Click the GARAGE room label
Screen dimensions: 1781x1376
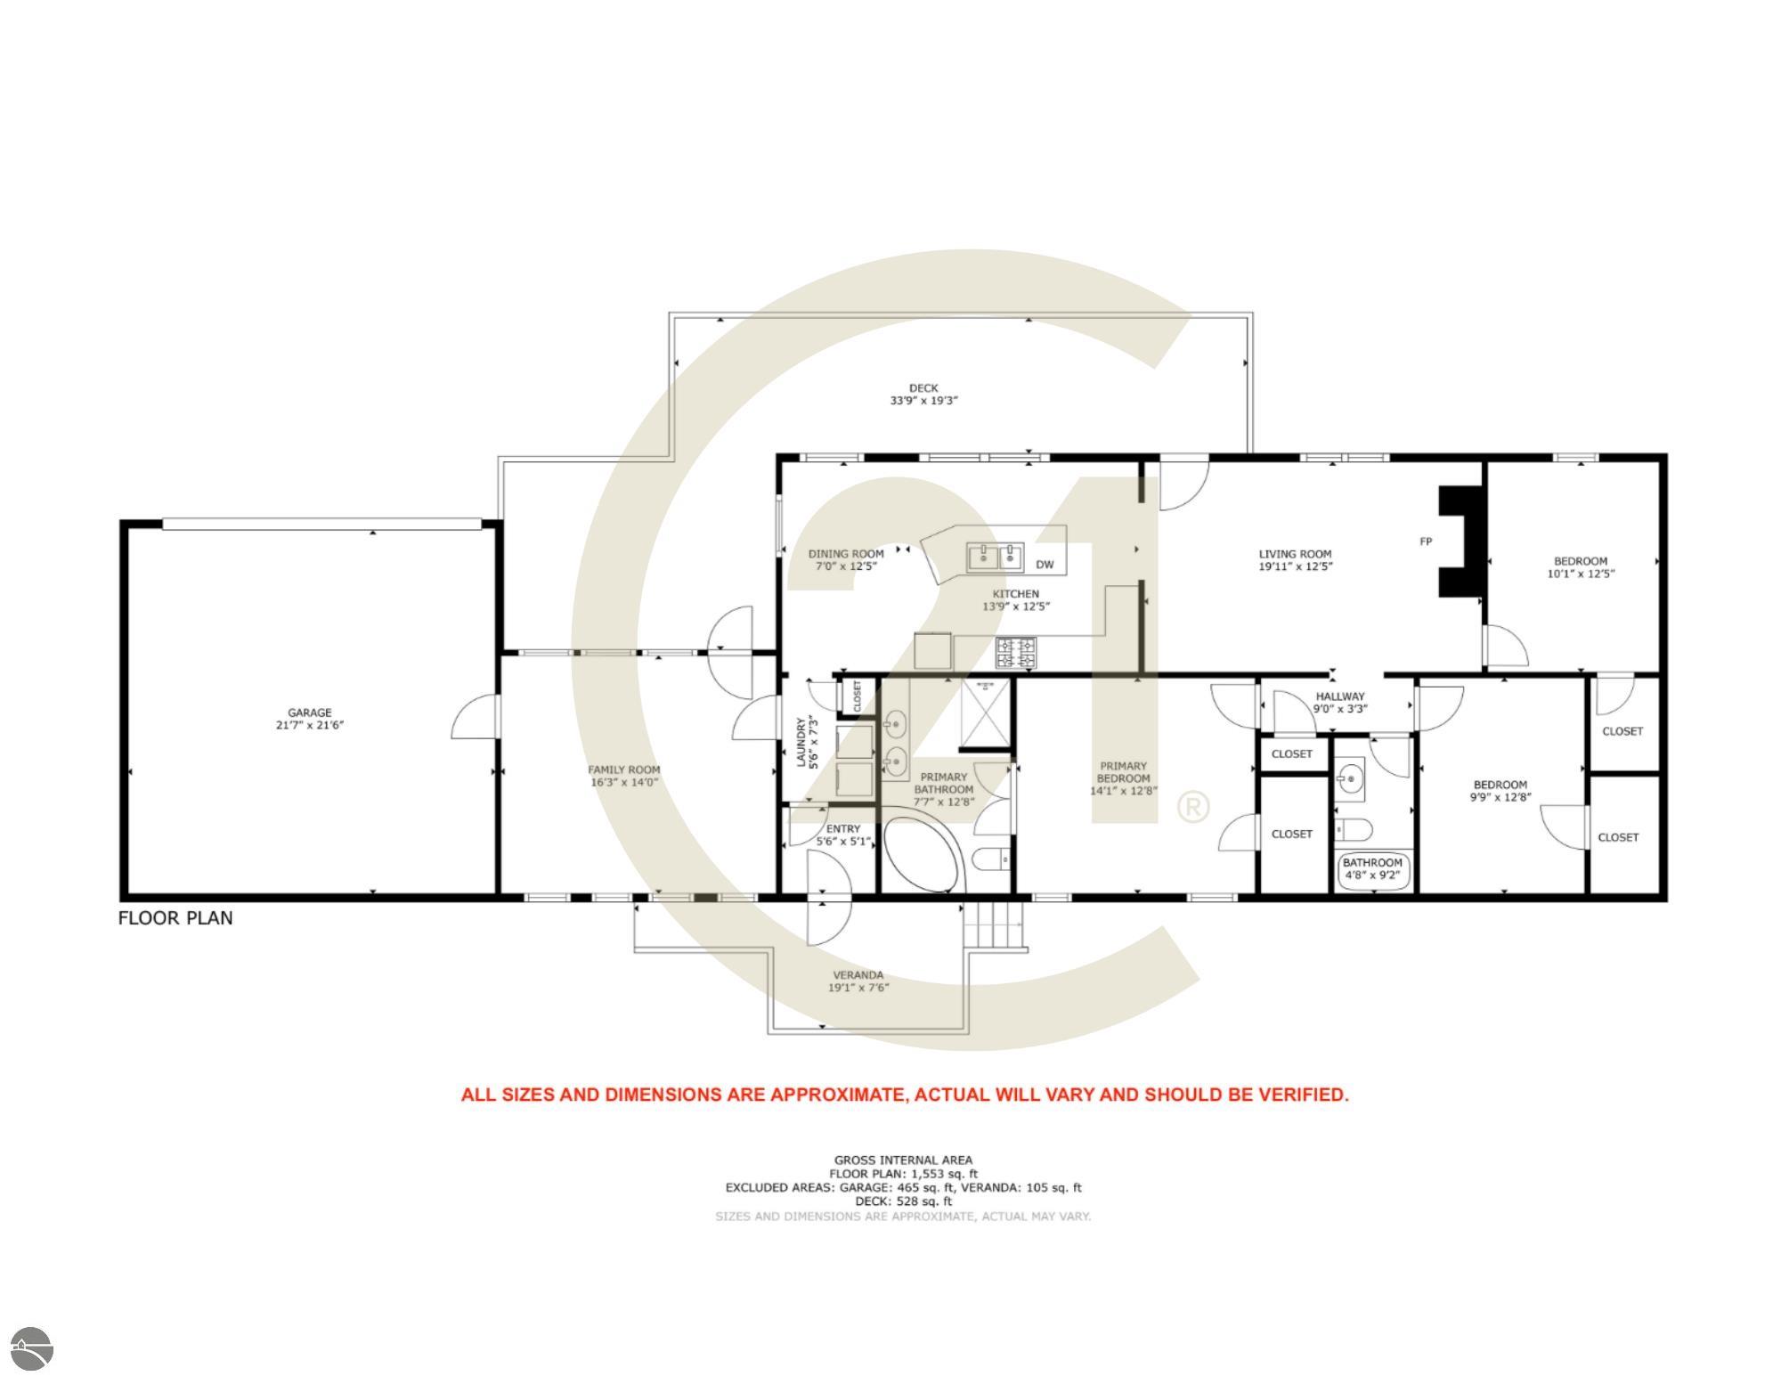coord(309,712)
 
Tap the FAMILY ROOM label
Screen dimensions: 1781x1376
coord(623,770)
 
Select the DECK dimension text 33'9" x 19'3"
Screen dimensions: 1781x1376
coord(923,401)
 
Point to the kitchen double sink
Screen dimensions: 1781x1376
coord(996,558)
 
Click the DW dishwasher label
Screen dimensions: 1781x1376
coord(1045,565)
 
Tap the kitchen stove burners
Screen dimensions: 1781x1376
coord(1016,653)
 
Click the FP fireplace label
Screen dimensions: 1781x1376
coord(1426,541)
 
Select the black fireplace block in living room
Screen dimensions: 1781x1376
coord(1460,541)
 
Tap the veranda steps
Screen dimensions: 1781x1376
coord(996,926)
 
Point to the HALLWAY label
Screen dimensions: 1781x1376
coord(1340,696)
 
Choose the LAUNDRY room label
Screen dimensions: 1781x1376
coord(801,742)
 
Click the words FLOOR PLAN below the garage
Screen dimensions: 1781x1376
coord(175,918)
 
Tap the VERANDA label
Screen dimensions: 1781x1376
coord(858,974)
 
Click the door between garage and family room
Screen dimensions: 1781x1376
coord(476,717)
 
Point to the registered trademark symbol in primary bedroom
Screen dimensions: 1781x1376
coord(1193,807)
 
